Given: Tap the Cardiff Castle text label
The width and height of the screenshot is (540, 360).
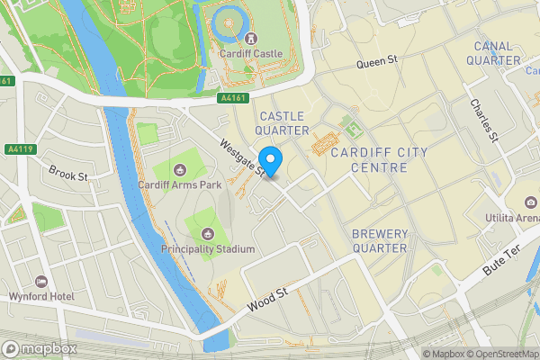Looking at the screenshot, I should point(250,54).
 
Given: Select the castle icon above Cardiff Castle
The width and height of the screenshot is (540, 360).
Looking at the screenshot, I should point(249,39).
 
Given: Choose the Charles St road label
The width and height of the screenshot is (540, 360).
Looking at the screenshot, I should point(483,120).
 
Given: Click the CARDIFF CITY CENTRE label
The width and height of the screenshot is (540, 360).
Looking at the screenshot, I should point(380,160).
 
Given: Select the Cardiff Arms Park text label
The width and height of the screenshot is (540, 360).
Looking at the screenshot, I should point(179,185).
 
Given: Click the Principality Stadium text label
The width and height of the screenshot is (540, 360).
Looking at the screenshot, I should point(208,248).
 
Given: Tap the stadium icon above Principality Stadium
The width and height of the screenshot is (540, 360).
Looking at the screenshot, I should point(208,233).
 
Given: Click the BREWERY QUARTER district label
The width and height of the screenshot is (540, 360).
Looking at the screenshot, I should point(380,240).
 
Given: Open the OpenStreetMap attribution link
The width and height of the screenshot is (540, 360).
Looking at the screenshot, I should point(500,354).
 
